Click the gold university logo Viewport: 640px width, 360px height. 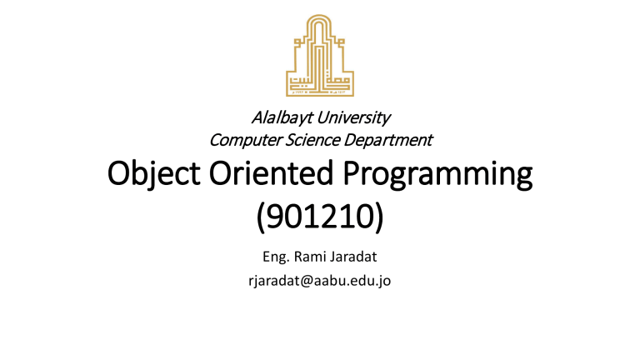[320, 56]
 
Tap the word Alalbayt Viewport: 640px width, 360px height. [282, 118]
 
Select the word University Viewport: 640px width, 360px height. [353, 118]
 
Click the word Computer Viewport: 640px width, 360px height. [245, 140]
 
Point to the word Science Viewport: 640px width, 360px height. [312, 140]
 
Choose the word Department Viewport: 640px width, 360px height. [387, 140]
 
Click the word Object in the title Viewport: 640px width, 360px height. [153, 174]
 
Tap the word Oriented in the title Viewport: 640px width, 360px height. [272, 172]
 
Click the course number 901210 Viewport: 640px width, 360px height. [320, 217]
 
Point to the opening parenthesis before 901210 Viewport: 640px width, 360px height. [261, 217]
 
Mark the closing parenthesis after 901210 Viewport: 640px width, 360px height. [379, 217]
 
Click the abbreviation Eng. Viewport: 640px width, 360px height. [277, 257]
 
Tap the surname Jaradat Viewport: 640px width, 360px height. [353, 257]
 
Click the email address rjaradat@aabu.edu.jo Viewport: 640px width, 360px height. [320, 281]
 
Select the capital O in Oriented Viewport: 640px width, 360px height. [221, 173]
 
